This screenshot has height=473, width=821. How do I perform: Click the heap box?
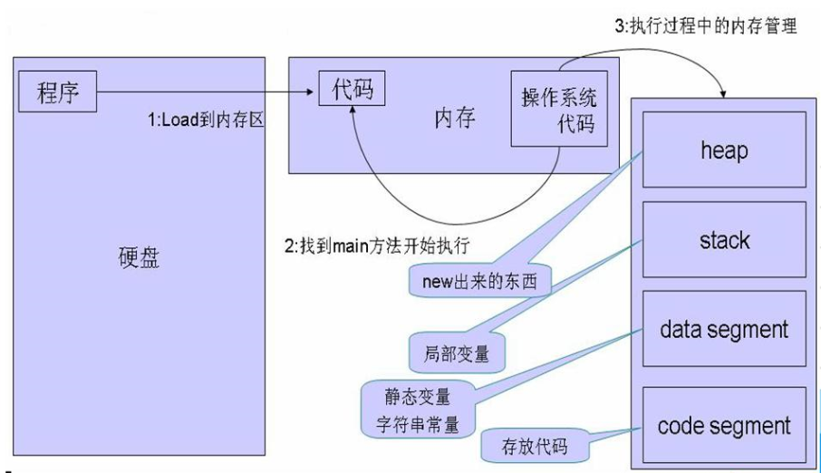click(x=724, y=149)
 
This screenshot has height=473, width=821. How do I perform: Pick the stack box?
click(x=724, y=240)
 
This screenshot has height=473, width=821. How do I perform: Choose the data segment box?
click(x=724, y=330)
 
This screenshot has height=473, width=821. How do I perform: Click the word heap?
click(x=724, y=149)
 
